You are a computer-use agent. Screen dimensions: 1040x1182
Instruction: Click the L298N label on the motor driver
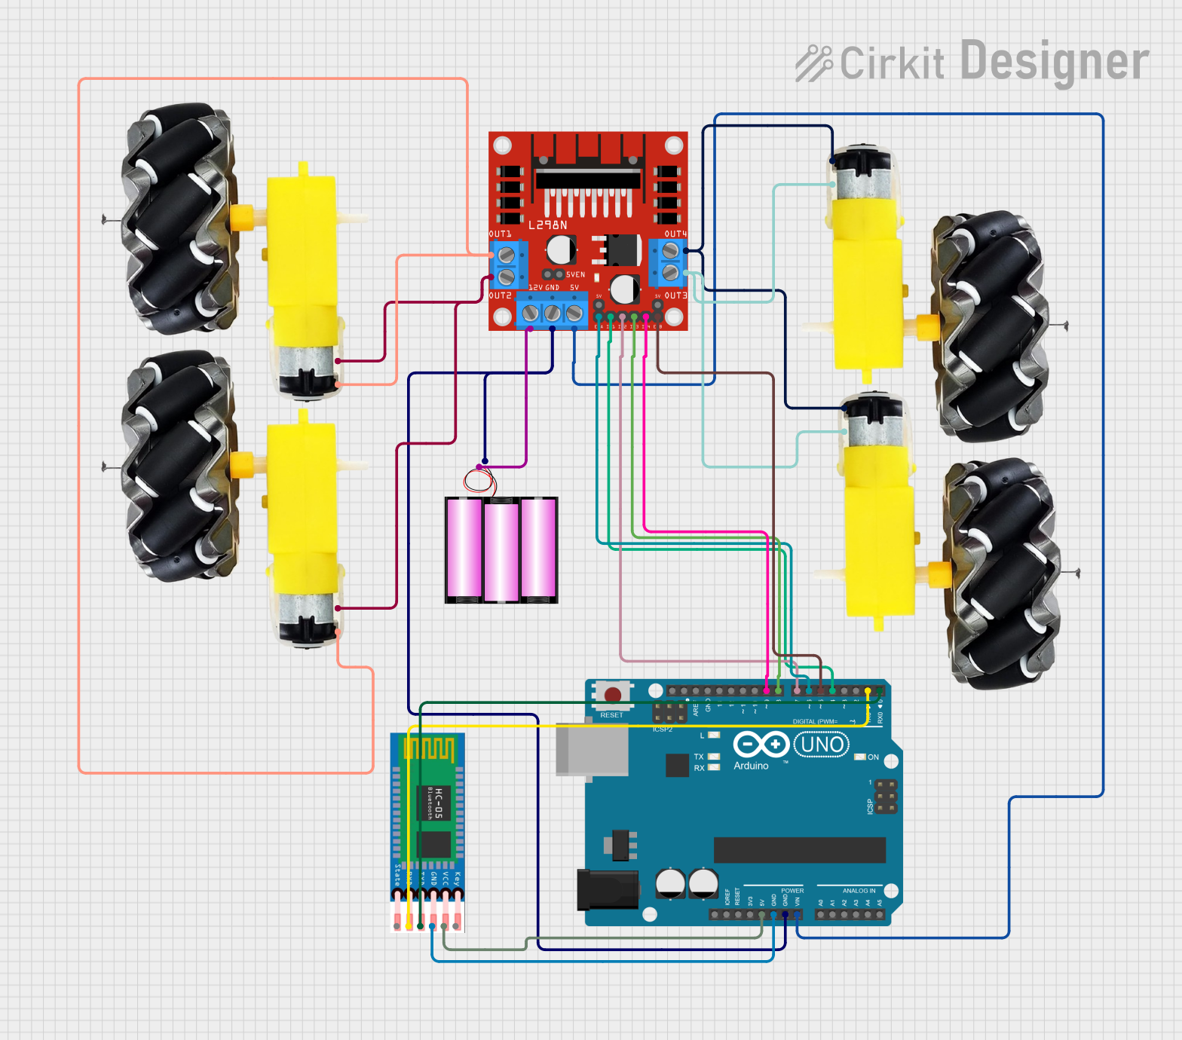[548, 225]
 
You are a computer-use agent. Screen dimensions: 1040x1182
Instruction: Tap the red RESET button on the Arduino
[613, 694]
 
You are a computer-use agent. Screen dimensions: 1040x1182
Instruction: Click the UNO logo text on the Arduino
[822, 745]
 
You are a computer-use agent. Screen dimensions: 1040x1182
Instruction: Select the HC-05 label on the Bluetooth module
[438, 803]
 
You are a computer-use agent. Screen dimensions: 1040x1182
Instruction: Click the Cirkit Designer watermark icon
[813, 63]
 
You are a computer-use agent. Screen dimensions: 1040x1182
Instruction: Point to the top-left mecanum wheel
[178, 219]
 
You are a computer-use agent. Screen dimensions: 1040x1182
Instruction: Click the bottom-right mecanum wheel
[1002, 574]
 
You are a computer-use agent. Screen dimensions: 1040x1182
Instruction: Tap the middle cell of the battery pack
[501, 550]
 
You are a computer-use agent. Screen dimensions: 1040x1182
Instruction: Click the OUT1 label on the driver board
[500, 234]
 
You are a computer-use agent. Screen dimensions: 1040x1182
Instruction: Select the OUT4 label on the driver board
[675, 234]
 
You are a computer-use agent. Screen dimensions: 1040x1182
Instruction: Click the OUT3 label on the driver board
[675, 295]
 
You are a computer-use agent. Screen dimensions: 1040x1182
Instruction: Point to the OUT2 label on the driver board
[500, 295]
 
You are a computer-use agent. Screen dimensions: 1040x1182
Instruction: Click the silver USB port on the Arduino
[592, 749]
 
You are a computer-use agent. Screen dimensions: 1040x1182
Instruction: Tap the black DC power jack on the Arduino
[608, 889]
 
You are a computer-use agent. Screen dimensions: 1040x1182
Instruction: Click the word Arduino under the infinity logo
[751, 766]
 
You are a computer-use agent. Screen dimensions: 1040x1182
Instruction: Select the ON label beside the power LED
[873, 757]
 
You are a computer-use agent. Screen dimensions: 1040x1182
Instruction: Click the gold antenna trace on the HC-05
[428, 749]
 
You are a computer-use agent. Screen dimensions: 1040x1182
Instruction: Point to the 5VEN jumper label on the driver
[575, 275]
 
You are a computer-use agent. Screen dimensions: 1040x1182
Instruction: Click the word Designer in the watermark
[1055, 62]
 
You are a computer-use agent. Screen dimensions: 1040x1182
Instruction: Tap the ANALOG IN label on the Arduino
[859, 891]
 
